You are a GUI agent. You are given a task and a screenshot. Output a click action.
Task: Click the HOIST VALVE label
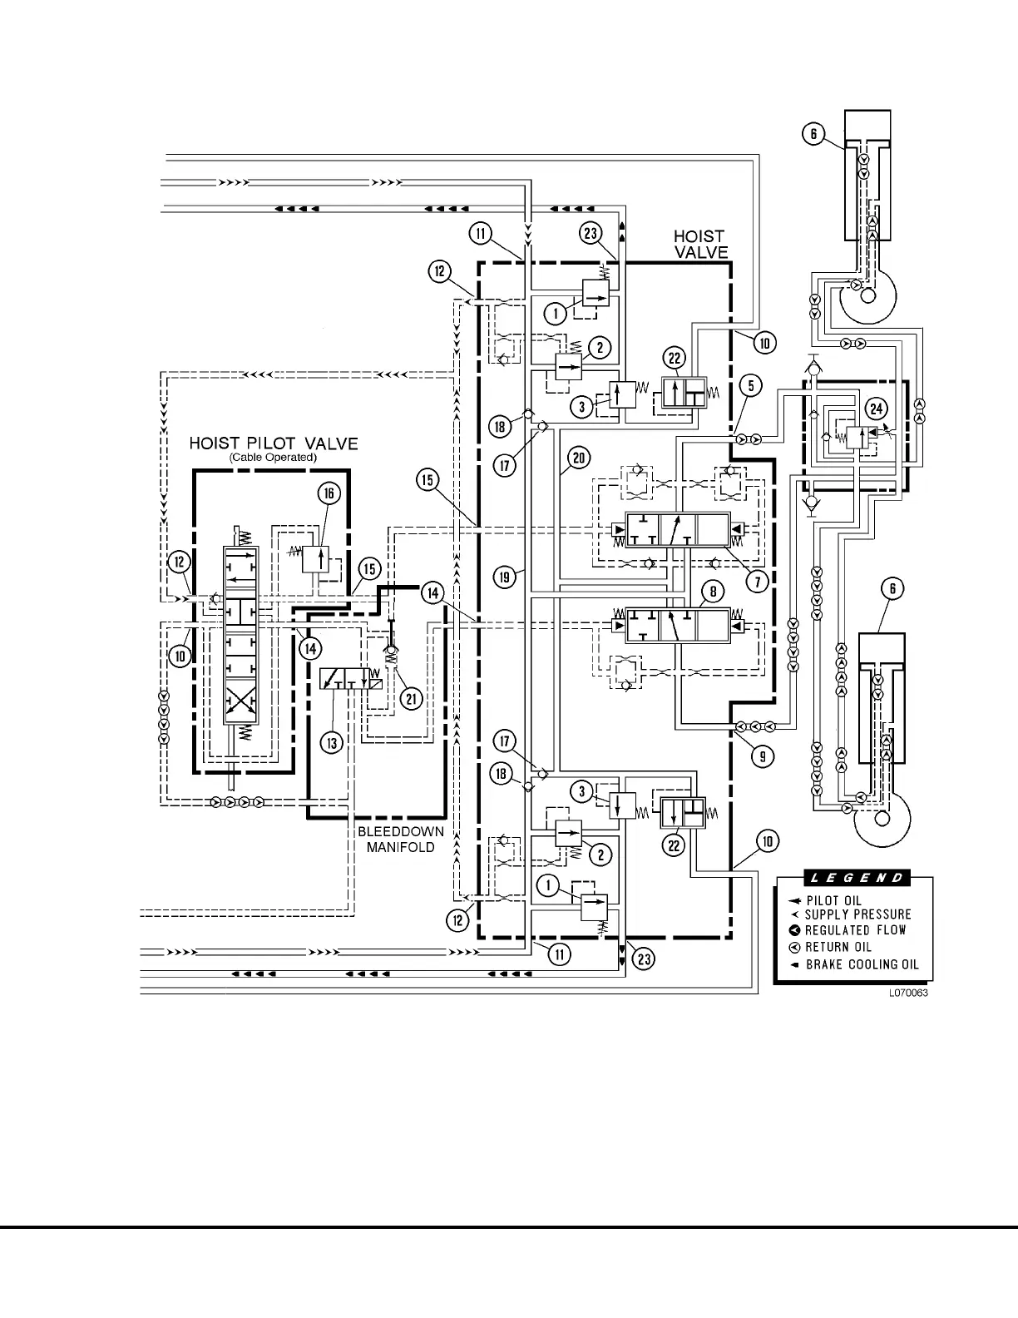tap(700, 245)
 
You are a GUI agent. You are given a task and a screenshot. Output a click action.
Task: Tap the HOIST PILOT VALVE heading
tap(274, 443)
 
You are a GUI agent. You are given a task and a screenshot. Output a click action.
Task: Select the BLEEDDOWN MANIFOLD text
tap(400, 840)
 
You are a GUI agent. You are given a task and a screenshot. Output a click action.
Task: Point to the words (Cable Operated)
tap(273, 458)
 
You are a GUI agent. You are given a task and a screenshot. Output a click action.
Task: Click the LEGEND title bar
tap(857, 878)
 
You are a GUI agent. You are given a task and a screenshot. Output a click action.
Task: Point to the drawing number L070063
tap(907, 993)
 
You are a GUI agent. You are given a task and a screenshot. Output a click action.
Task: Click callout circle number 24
tap(876, 408)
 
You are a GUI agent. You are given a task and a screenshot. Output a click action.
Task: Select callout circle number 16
tap(329, 493)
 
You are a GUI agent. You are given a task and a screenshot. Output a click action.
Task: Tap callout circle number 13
tap(332, 743)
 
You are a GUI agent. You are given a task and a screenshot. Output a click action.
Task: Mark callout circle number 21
tap(411, 699)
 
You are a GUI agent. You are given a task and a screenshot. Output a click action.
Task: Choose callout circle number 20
tap(579, 457)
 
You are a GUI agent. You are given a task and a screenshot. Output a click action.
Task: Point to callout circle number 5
tap(751, 385)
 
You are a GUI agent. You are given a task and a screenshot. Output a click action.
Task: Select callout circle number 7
tap(757, 581)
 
